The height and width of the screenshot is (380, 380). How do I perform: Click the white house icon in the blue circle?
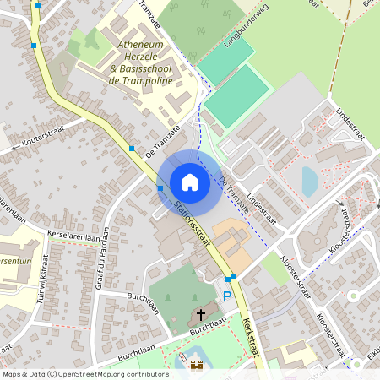click(x=189, y=182)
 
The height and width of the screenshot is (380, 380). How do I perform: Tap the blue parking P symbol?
click(x=226, y=296)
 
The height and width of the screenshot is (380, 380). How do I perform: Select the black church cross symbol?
click(x=201, y=315)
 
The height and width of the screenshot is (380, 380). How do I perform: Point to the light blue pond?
click(x=310, y=181)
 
